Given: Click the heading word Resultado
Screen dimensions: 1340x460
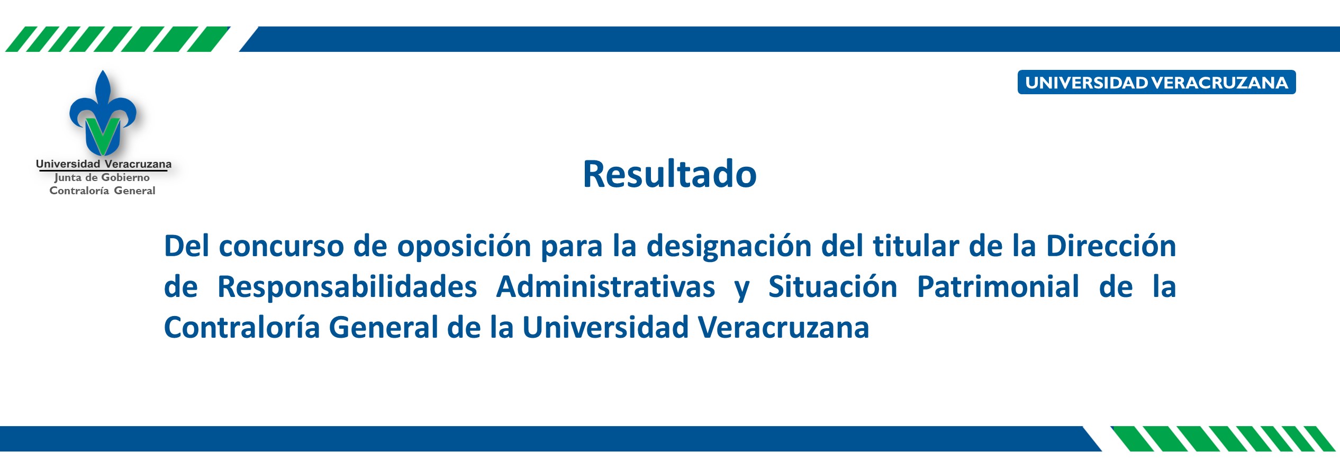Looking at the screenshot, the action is click(669, 174).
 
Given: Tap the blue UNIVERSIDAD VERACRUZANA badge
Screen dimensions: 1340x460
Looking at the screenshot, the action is click(1156, 82).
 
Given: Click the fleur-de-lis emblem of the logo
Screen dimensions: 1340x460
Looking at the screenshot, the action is click(103, 113).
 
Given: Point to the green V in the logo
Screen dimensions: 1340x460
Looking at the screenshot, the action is click(103, 135).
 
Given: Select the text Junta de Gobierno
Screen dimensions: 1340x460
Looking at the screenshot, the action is click(102, 178).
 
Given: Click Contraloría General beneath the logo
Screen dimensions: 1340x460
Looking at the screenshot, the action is click(102, 191).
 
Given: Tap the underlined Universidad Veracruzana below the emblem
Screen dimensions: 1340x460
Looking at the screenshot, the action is click(104, 164).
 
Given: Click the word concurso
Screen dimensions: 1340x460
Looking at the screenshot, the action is click(281, 247).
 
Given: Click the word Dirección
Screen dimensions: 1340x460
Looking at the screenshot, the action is click(1111, 246).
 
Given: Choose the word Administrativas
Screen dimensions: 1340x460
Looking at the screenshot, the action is click(605, 287).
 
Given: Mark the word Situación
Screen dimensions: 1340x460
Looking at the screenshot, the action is click(832, 286).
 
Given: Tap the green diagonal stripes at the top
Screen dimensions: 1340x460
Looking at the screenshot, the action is click(117, 39).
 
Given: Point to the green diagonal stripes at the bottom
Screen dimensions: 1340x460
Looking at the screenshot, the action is click(1223, 439).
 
